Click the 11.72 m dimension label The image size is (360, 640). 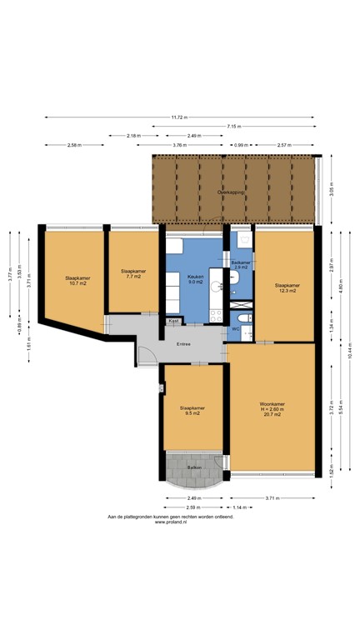coord(180,117)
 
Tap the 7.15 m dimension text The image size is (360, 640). coord(233,126)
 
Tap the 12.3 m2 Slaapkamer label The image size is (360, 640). coord(287,287)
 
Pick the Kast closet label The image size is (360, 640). coord(173,321)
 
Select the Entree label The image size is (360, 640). coord(183,343)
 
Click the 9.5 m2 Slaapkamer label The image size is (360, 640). coord(192,411)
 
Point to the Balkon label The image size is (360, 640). coord(193,467)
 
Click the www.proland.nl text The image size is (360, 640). coord(171,522)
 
